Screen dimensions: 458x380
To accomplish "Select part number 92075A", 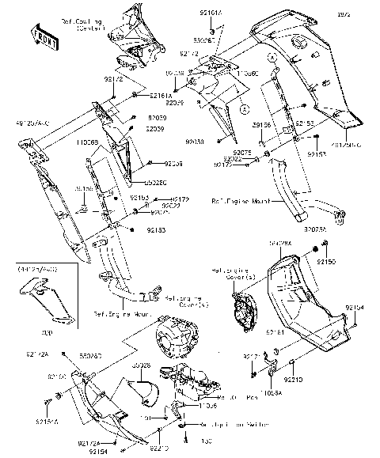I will (x=313, y=228).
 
